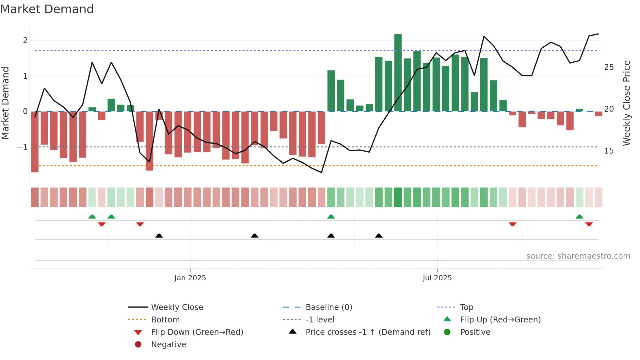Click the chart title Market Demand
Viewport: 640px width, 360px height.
47,9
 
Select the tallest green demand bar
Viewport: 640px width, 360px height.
398,73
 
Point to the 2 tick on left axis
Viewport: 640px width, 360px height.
25,41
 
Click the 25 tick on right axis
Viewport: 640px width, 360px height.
609,67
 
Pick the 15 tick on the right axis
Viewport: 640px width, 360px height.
609,151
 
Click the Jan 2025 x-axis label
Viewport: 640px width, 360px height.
190,278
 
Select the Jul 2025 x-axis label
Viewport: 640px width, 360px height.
437,278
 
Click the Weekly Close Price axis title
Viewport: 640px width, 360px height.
626,103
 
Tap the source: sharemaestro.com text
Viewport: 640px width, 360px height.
578,256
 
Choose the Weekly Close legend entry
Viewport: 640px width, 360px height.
177,307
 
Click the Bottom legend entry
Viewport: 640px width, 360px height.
165,320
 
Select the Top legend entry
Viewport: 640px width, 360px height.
466,307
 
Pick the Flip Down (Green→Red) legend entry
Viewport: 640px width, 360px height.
197,332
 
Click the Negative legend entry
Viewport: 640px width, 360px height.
168,345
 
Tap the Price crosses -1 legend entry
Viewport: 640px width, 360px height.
368,332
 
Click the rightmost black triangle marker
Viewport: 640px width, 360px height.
379,236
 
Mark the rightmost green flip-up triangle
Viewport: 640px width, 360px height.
579,217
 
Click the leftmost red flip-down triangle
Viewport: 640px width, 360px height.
102,224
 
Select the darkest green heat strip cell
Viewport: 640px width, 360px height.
398,197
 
